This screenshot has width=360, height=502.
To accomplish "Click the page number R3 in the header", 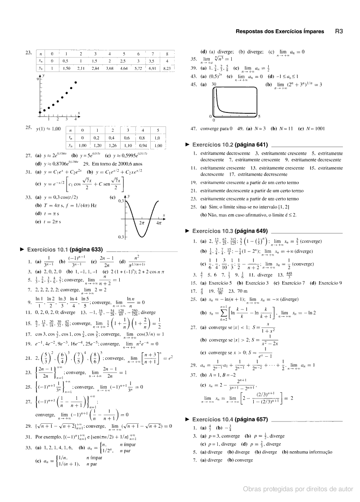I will pos(339,31).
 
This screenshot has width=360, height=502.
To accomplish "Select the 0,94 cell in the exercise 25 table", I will pos(143,146).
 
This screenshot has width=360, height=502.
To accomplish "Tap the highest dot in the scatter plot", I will pos(76,82).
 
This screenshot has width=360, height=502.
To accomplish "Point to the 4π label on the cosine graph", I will pos(159,223).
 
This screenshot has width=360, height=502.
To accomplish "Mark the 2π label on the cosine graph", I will pos(143,223).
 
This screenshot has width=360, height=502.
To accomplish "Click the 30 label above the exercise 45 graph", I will pos(214,84).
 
